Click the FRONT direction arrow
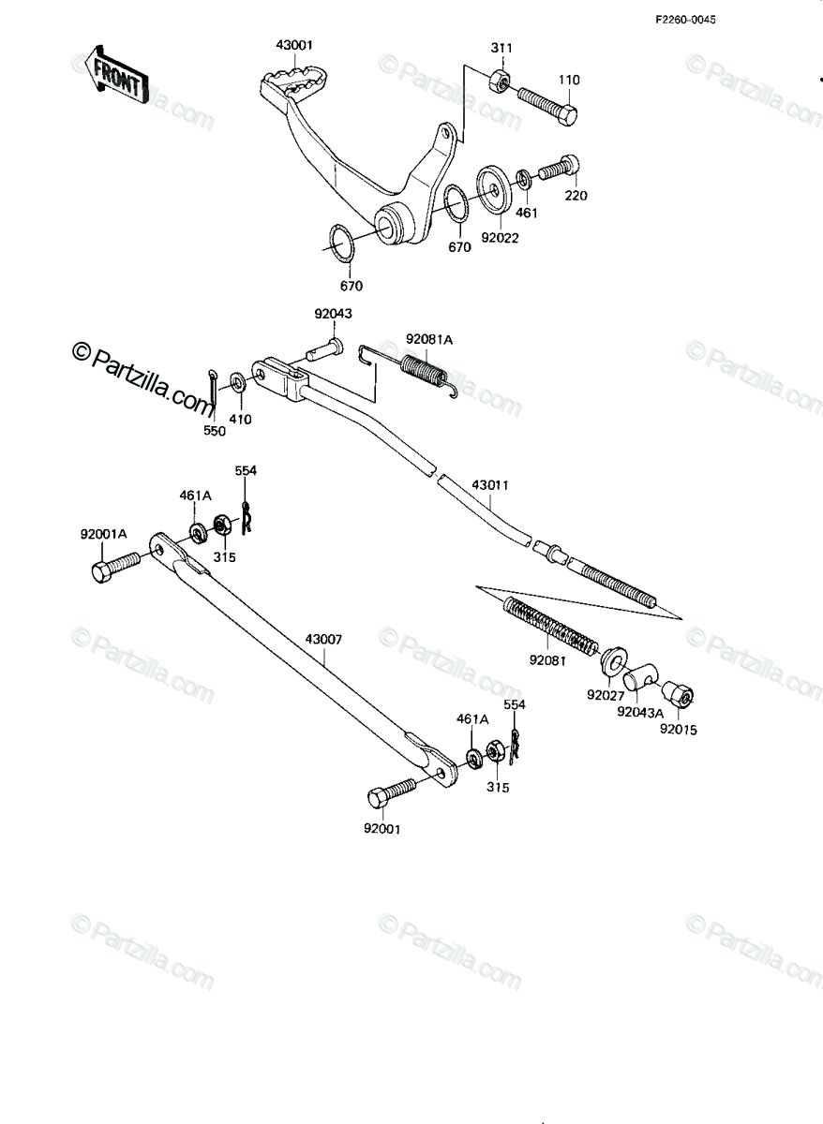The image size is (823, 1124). (x=114, y=74)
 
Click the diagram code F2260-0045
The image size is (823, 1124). (x=685, y=20)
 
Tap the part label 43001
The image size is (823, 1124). (x=294, y=45)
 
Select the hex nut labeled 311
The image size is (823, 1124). (x=500, y=79)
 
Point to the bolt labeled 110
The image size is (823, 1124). (x=547, y=107)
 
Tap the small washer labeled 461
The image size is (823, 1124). (x=524, y=178)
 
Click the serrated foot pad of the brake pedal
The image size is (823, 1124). (x=297, y=81)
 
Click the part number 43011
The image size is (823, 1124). (x=490, y=485)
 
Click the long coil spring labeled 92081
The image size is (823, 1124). (x=551, y=626)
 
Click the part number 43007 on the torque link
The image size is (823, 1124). (x=324, y=640)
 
